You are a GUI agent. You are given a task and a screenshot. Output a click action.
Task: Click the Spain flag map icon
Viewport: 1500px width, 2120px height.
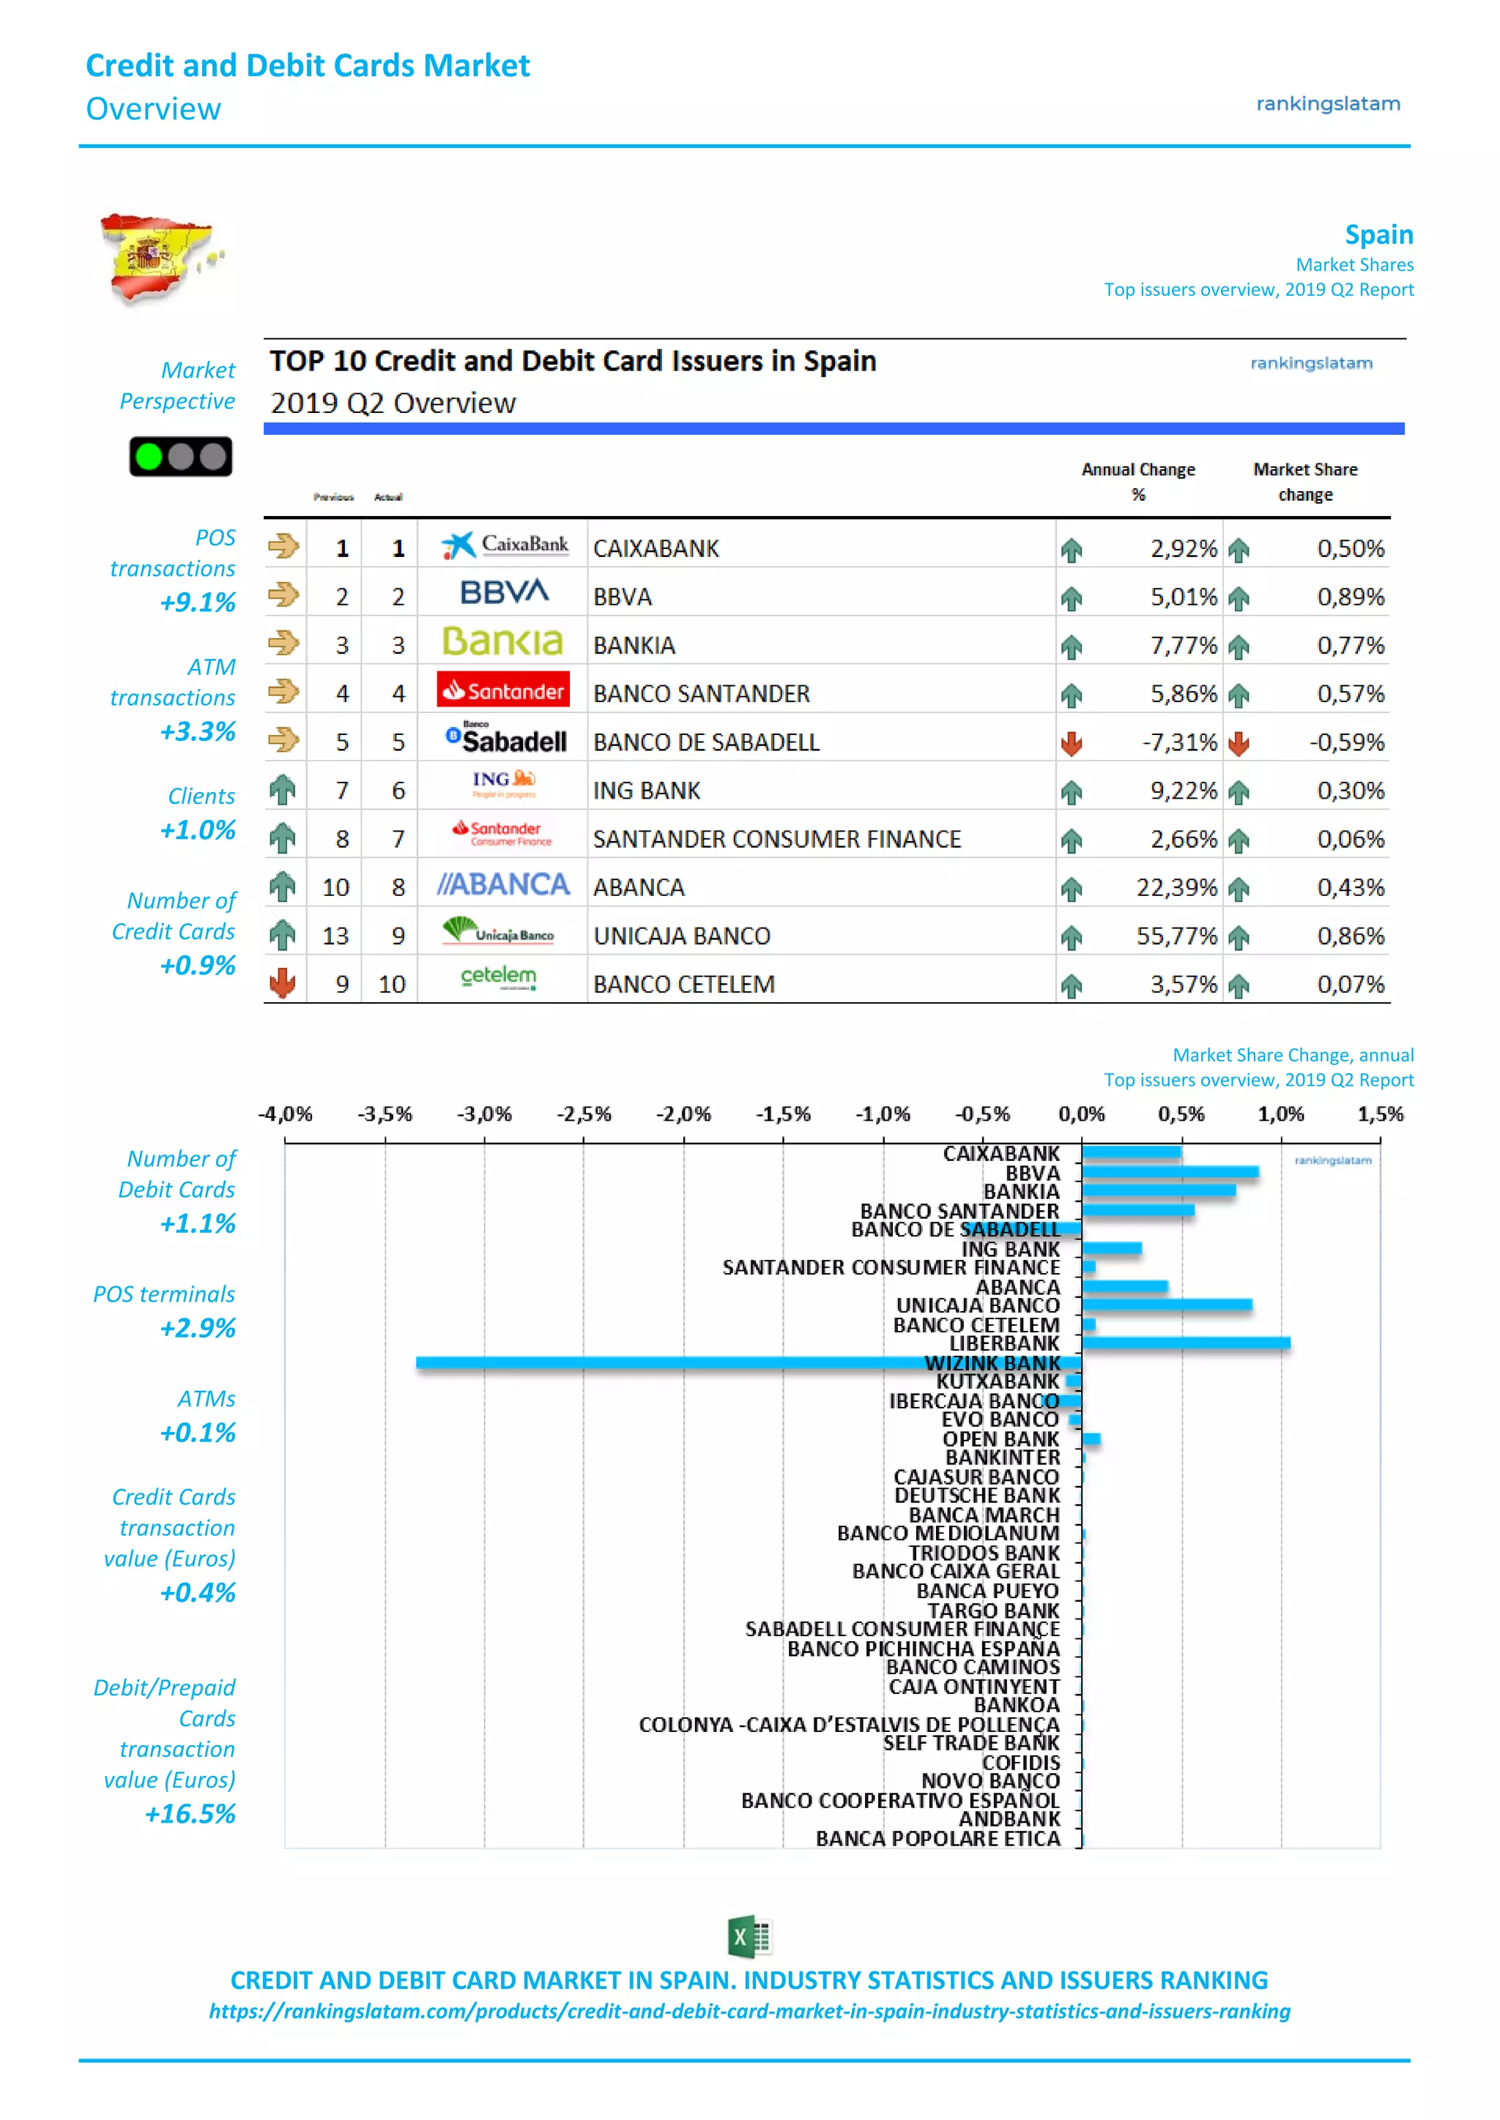pos(160,258)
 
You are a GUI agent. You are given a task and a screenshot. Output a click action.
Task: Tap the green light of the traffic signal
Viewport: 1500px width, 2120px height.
pos(148,456)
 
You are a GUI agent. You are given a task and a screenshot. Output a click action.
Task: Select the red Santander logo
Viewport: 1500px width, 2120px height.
pos(503,690)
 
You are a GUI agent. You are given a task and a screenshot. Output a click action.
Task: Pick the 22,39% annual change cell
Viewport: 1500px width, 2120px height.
pos(1176,887)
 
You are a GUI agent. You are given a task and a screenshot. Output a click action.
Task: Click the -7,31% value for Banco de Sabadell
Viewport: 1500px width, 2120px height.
pos(1178,742)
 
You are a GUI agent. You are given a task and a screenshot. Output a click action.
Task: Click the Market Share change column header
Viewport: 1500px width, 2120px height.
pos(1304,481)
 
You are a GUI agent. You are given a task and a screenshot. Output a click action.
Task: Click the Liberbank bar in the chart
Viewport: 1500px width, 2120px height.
pos(1186,1343)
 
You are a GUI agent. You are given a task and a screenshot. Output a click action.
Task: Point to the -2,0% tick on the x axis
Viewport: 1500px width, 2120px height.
pos(683,1113)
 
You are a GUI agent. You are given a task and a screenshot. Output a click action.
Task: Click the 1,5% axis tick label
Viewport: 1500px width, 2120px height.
pos(1379,1113)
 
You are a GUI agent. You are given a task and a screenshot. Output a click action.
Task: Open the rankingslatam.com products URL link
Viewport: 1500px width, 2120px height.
pos(749,2011)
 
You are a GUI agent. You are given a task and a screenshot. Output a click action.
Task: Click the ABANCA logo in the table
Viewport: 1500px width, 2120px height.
pos(503,884)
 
